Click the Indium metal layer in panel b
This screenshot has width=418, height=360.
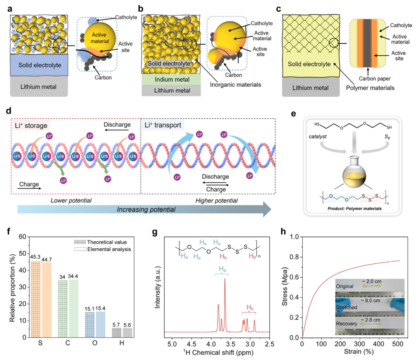pos(170,80)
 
